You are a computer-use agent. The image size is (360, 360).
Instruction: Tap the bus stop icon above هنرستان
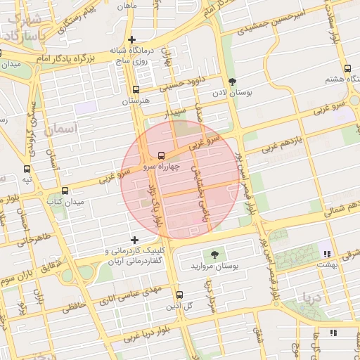tap(136, 89)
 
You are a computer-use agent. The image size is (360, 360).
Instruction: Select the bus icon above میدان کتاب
tap(65, 191)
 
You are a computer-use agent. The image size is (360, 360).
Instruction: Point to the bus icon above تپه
tap(27, 169)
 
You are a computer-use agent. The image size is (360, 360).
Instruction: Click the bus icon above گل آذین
tap(179, 294)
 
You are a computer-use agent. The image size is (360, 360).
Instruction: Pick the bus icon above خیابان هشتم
tap(348, 68)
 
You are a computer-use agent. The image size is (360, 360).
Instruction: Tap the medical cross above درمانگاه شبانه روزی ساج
tap(131, 39)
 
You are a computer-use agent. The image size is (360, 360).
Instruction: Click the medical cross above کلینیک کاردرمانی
tap(135, 240)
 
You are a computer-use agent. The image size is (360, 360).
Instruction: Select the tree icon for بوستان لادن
tap(233, 81)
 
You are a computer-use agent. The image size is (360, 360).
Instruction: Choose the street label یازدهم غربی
tap(282, 143)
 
